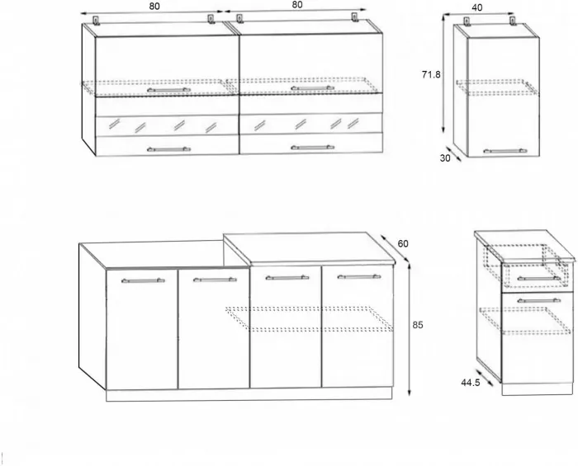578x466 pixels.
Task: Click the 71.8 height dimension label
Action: click(x=431, y=75)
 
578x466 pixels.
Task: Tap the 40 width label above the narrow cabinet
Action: click(x=477, y=7)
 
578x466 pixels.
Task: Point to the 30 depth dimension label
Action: click(x=445, y=158)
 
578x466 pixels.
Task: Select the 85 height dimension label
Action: click(x=418, y=325)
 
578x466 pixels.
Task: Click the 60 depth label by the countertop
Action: click(x=403, y=243)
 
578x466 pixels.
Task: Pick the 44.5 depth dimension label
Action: click(x=471, y=383)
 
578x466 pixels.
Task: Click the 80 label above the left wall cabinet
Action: click(x=154, y=7)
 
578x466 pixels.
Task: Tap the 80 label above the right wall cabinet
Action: click(x=297, y=5)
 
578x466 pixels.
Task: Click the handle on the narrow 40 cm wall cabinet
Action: click(x=505, y=151)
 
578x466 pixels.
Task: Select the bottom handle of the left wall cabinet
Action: click(x=168, y=149)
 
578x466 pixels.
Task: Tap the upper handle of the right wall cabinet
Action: click(x=313, y=88)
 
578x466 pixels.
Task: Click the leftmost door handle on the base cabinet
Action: click(x=143, y=280)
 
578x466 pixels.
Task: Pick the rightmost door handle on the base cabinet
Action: click(x=359, y=276)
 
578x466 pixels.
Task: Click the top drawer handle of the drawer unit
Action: click(x=539, y=278)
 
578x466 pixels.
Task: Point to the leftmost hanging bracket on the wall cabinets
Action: click(x=97, y=21)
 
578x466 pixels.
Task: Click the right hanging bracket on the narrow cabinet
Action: click(x=512, y=21)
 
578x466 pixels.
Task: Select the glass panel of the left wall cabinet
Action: click(x=167, y=126)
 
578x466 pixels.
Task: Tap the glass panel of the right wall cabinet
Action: click(x=311, y=124)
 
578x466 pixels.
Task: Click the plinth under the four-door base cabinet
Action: click(x=249, y=394)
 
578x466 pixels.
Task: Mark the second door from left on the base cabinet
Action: click(x=214, y=329)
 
